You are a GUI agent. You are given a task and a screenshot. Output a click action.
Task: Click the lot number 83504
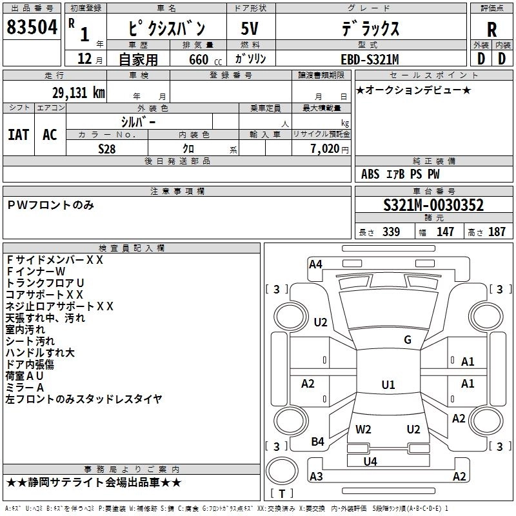coord(32,28)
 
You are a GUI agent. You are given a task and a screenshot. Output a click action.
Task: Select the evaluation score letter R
coord(491,30)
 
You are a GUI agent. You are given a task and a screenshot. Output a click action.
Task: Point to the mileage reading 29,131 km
coord(78,93)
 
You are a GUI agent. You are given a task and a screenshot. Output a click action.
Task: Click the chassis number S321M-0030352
coord(433,205)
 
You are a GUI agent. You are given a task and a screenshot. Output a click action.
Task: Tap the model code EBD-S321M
coord(370,59)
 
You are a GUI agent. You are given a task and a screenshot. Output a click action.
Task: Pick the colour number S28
coord(107,148)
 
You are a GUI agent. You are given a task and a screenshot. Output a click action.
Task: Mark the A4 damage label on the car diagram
coord(315,263)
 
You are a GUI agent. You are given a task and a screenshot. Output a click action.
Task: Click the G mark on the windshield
coord(408,340)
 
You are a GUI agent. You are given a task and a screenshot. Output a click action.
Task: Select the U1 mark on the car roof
coord(388,385)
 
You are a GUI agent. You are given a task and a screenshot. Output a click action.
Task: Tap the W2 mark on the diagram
coord(364,429)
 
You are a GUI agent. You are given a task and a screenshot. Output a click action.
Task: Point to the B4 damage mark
coord(317,441)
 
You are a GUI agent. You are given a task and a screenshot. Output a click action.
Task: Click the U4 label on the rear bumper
coord(370,461)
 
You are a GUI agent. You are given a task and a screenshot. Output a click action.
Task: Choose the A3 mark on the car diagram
coord(316,477)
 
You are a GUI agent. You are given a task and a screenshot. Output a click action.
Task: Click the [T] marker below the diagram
coord(282,494)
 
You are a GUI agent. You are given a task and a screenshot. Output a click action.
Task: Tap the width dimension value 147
coord(445,232)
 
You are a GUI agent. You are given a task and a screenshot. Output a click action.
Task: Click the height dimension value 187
coord(497,232)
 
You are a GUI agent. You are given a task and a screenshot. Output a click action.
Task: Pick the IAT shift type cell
coord(18,134)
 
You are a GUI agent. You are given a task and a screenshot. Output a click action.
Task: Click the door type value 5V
coord(250,28)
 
